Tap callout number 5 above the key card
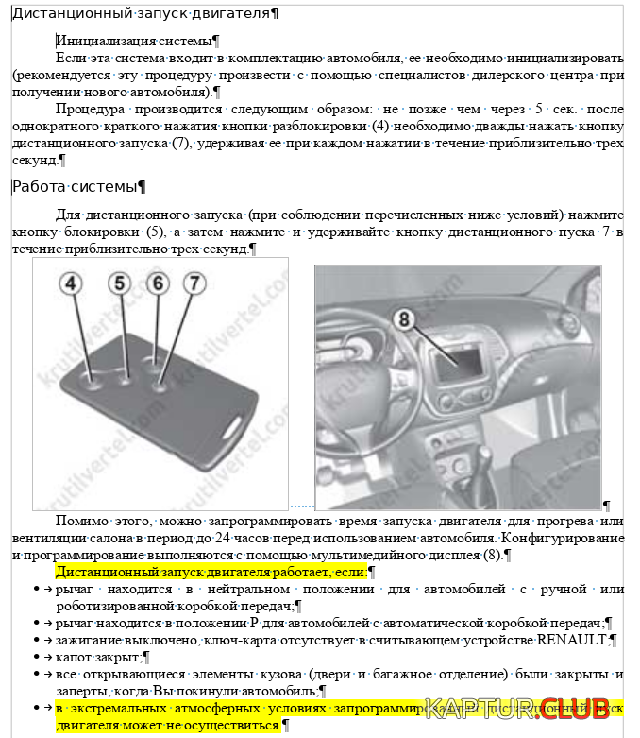(118, 283)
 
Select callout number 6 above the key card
(157, 283)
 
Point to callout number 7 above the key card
(193, 283)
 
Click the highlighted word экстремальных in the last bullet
(121, 708)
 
